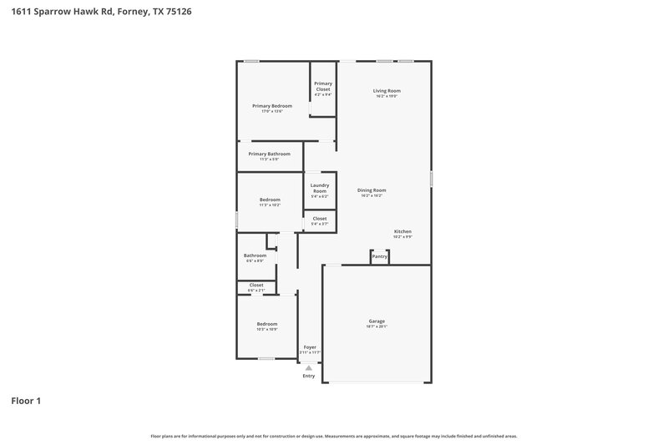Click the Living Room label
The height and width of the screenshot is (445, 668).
[386, 91]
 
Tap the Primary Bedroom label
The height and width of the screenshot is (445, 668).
[272, 107]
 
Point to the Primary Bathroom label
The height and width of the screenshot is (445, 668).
[270, 154]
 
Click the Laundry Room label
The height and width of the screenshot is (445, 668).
[319, 189]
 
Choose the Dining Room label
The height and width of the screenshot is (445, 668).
[372, 190]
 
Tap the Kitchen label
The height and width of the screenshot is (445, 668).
[402, 232]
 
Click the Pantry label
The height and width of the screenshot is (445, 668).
[380, 256]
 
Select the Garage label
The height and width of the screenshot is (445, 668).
[377, 321]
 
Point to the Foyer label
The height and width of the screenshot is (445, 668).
[310, 347]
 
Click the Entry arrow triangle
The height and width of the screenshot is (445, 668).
[309, 367]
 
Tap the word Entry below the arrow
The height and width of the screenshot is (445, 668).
[309, 376]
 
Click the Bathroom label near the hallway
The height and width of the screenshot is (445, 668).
[255, 256]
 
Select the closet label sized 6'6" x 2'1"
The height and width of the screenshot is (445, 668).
[256, 286]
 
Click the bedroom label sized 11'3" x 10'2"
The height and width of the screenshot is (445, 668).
[270, 200]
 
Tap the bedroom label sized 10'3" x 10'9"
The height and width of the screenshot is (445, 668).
[266, 325]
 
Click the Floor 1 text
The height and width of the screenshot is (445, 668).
[26, 402]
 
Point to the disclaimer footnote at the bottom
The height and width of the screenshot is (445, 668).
[334, 436]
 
